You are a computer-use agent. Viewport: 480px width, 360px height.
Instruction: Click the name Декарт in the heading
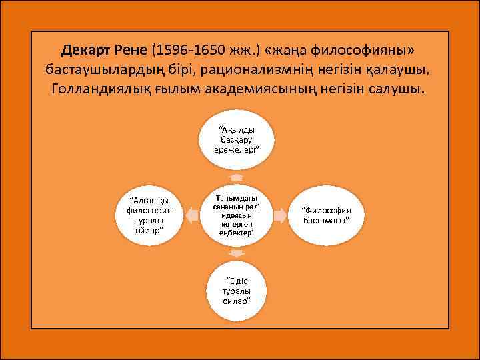click(x=88, y=50)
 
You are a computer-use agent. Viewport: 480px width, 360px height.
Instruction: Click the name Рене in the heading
click(x=133, y=50)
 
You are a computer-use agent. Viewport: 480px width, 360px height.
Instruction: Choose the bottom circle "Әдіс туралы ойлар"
click(x=237, y=290)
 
